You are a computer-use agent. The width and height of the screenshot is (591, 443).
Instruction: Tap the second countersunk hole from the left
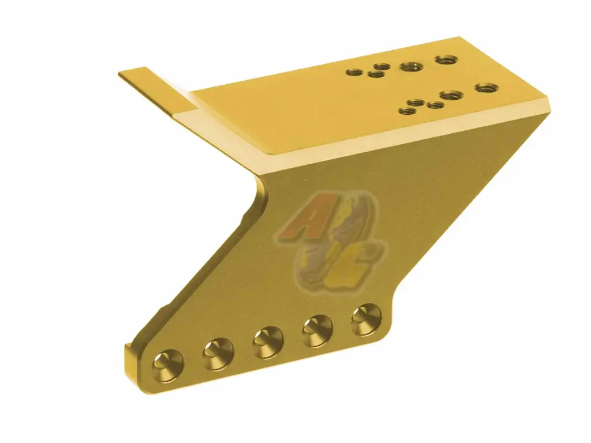pos(218,353)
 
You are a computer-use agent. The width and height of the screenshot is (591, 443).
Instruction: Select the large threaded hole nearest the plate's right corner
pos(486,88)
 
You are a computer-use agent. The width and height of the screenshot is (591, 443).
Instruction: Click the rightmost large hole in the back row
pos(446,59)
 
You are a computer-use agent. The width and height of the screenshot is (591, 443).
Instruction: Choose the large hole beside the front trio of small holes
pos(450,95)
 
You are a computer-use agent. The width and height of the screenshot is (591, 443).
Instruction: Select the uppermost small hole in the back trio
pos(380,67)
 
